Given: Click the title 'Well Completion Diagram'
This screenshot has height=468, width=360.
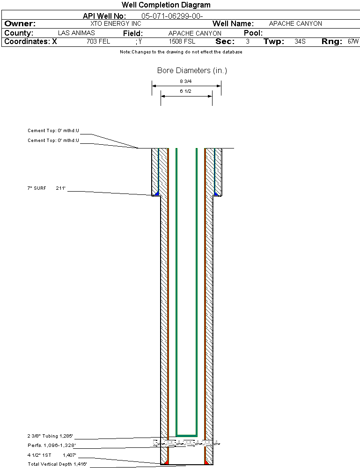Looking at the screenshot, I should (x=166, y=5).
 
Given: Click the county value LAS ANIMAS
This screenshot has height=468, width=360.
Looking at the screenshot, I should (x=76, y=33).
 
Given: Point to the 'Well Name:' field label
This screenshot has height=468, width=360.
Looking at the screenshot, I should (x=233, y=23).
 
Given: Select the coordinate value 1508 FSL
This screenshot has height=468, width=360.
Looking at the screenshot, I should (x=182, y=42).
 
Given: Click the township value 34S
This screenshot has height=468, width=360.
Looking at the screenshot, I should (x=300, y=42).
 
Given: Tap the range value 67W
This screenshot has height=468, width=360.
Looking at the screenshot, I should (x=353, y=42).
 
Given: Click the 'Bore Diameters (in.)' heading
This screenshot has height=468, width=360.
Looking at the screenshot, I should (x=192, y=71).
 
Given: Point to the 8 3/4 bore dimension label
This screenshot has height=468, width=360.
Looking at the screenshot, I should (x=186, y=81).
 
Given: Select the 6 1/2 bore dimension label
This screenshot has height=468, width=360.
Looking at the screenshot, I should (x=186, y=91).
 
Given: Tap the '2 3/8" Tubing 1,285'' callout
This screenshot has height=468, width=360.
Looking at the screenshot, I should (x=50, y=436).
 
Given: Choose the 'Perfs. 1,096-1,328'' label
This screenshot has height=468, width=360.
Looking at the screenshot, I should (x=51, y=445).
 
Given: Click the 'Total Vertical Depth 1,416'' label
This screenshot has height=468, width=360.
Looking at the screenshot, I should (x=57, y=464).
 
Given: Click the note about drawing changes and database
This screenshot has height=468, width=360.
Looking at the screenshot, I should (x=181, y=52).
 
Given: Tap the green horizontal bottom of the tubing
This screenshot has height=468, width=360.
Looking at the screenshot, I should (x=186, y=435).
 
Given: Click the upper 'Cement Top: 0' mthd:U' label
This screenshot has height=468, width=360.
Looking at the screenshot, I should (x=53, y=131).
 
